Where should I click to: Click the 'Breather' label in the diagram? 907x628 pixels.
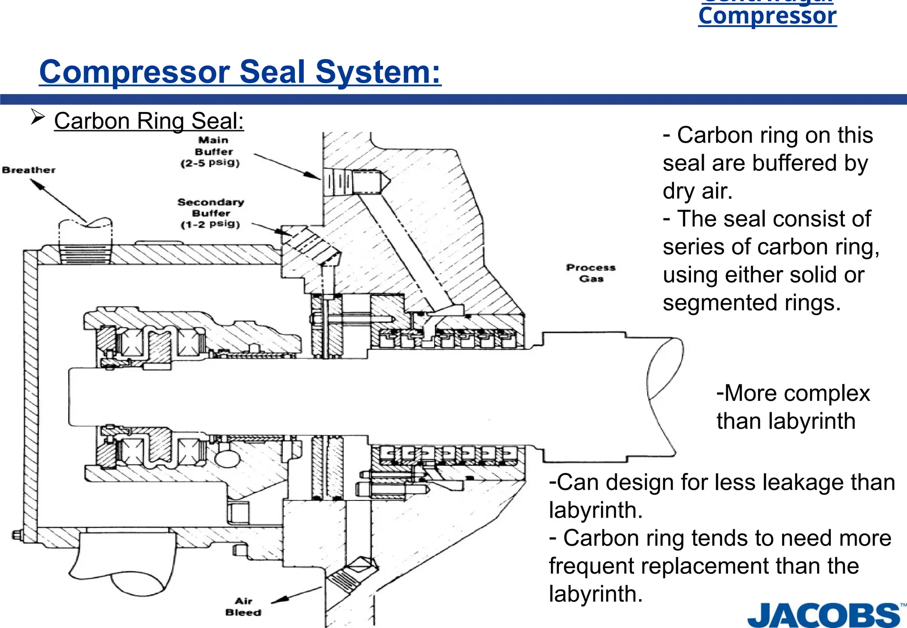click(x=29, y=170)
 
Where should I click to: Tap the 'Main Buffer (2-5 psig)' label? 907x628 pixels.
click(x=211, y=151)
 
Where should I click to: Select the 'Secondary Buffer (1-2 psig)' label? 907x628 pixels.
click(x=211, y=213)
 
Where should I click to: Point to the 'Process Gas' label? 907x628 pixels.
click(x=591, y=273)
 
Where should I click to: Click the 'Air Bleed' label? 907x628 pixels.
click(x=243, y=607)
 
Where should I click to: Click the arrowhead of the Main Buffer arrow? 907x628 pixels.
click(x=313, y=176)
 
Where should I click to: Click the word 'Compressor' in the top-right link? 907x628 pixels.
click(x=767, y=16)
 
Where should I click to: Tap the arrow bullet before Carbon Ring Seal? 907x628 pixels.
click(x=38, y=118)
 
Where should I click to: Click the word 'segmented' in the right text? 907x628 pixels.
click(x=720, y=303)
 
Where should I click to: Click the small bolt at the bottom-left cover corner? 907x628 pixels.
click(x=16, y=535)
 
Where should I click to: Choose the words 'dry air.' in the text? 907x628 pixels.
click(x=698, y=191)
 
